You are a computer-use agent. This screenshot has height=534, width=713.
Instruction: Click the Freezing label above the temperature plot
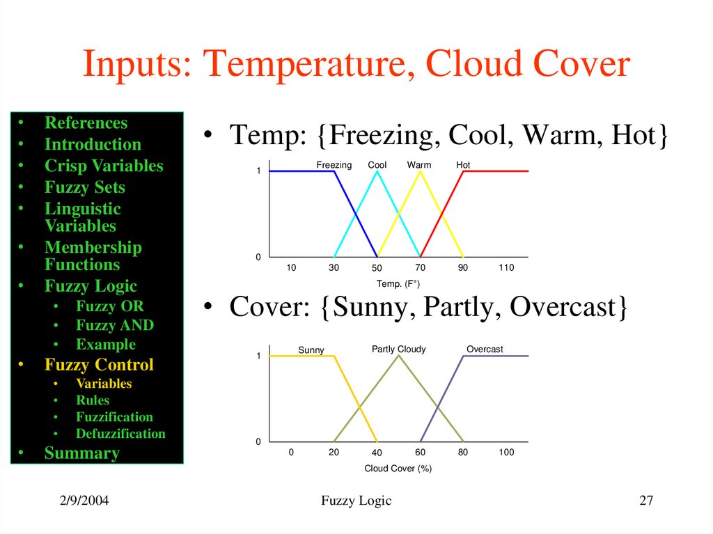point(334,165)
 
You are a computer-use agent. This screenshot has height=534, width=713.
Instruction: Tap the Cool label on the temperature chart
point(377,165)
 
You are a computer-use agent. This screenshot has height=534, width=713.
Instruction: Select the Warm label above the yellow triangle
point(419,165)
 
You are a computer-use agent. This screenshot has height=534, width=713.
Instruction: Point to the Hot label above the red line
point(463,165)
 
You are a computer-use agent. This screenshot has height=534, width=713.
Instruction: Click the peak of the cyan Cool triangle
point(377,171)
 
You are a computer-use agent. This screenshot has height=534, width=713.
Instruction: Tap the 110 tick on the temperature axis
point(506,268)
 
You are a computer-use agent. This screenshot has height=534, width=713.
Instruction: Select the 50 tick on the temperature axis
point(377,269)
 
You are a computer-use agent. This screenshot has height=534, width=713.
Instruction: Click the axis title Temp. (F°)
point(398,284)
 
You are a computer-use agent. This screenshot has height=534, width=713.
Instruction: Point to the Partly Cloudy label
point(398,349)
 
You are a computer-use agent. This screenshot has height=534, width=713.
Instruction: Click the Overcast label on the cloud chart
point(485,349)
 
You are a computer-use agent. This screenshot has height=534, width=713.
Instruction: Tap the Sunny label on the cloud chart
point(311,350)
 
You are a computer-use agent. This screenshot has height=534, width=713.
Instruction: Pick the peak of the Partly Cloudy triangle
point(398,356)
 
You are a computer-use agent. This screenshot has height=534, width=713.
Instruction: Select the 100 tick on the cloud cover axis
point(506,453)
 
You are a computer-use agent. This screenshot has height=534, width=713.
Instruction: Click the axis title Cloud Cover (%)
point(398,469)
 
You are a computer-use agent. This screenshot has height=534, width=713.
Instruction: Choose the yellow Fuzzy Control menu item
point(99,365)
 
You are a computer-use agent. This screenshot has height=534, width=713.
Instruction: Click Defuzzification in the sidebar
point(120,433)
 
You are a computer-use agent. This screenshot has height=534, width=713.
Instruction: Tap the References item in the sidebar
point(86,123)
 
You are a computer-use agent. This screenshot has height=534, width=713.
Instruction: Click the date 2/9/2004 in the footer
point(83,501)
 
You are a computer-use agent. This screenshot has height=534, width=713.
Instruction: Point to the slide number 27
point(646,501)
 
